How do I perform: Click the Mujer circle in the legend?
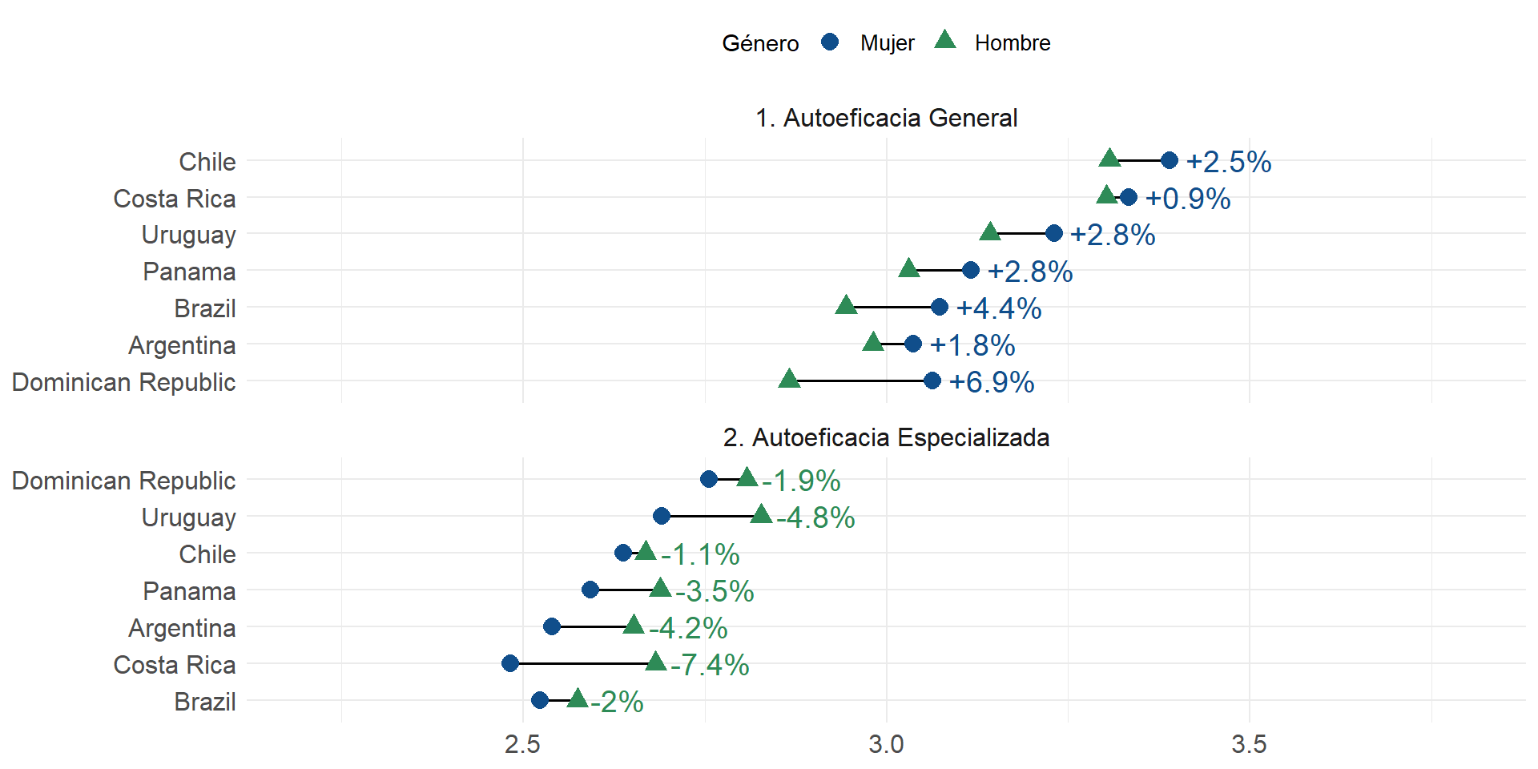click(830, 42)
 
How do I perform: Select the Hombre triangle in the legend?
click(945, 40)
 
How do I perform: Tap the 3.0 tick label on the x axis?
click(886, 744)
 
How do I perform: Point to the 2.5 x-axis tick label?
click(522, 744)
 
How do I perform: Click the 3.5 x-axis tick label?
click(1249, 744)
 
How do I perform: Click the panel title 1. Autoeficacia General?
click(886, 118)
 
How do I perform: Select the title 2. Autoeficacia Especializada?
click(886, 437)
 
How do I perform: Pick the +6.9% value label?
click(991, 382)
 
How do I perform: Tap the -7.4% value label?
click(710, 665)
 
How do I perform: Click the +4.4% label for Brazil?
click(998, 308)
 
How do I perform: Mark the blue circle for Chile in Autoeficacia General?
click(1170, 160)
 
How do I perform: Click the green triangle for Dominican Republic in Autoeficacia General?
click(789, 379)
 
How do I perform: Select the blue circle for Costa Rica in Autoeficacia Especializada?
click(510, 663)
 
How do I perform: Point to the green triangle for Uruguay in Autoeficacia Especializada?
click(761, 514)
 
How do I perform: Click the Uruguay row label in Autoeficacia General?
click(188, 235)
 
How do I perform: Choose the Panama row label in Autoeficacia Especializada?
click(189, 591)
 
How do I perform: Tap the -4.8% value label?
click(815, 517)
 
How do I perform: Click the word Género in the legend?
click(760, 43)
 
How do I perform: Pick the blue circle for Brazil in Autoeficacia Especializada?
click(540, 700)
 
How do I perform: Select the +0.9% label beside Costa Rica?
click(1187, 199)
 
